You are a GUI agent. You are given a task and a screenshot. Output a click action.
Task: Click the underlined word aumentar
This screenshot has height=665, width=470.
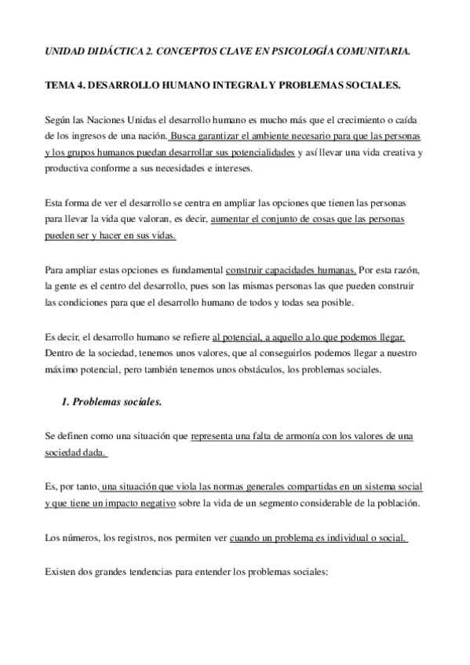click(x=232, y=220)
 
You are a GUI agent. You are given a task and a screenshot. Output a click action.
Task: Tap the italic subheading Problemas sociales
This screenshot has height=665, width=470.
click(x=118, y=403)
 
